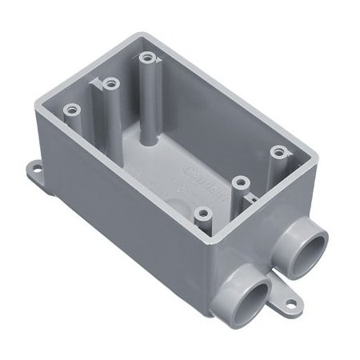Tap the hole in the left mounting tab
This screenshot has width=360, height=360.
pos(36,168)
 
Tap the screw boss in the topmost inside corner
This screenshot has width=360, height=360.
pos(146,58)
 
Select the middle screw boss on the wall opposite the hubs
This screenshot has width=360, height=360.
pos(110,82)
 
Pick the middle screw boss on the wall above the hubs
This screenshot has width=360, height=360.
pos(238,182)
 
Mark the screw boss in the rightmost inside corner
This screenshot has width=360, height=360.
pos(278,151)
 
